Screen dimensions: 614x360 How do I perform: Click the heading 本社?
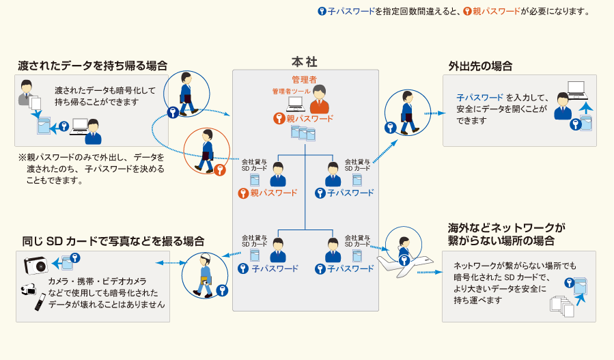point(304,62)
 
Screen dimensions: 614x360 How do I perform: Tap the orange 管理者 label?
point(304,79)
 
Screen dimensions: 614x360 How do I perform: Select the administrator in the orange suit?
point(320,100)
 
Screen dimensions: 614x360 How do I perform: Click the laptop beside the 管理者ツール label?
point(296,104)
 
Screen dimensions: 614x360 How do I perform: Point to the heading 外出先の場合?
point(480,66)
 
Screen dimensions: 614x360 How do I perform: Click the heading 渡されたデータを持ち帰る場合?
point(92,66)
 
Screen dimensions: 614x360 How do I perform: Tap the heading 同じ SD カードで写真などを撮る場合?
point(113,241)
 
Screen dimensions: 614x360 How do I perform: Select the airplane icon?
point(405,266)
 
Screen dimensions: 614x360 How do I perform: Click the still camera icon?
point(36,265)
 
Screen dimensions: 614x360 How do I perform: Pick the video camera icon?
point(29,290)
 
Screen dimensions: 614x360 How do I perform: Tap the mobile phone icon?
point(40,302)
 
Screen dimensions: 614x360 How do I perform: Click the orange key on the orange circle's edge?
point(220,169)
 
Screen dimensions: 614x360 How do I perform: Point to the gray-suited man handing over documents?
point(27,93)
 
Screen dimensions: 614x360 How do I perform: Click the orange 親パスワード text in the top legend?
point(497,12)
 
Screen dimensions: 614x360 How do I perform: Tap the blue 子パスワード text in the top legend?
point(351,12)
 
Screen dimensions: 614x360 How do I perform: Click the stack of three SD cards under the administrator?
point(303,133)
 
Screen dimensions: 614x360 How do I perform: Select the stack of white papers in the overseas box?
point(562,306)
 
